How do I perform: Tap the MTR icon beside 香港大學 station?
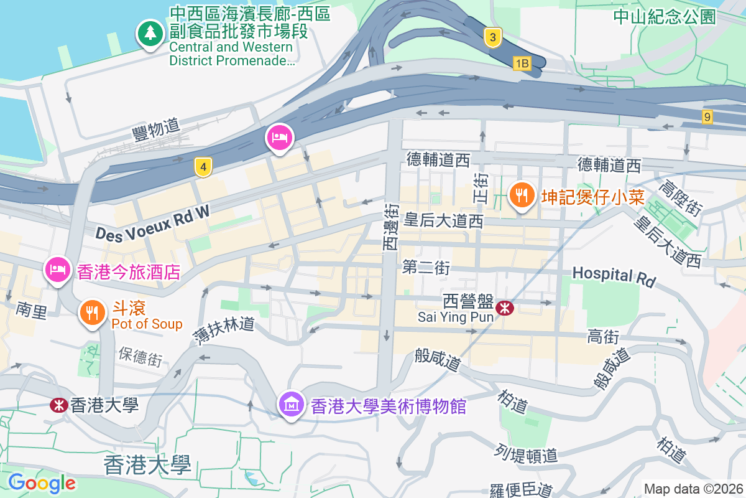[x=58, y=405]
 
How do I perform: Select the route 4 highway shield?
[x=203, y=167]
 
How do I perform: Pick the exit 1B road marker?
[x=522, y=63]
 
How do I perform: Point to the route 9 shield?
[x=707, y=116]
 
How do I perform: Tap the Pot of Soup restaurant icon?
[x=93, y=313]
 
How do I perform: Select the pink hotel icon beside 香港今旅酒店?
[x=57, y=271]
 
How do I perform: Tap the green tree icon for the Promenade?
[x=150, y=34]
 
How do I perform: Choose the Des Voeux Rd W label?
[x=152, y=223]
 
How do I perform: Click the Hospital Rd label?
[x=614, y=277]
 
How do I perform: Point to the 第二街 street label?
[x=426, y=268]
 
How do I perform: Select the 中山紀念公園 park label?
[x=665, y=17]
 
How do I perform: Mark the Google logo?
[x=42, y=482]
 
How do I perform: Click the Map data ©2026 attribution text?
[x=693, y=489]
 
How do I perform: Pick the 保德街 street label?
[x=140, y=357]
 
